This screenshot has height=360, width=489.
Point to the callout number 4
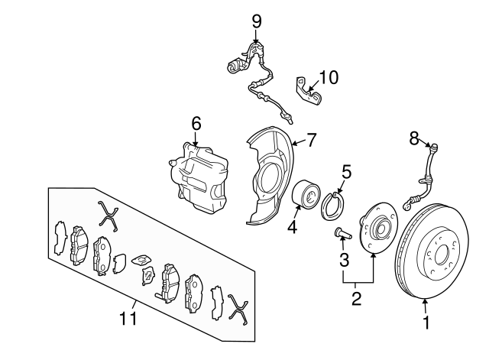point(293,226)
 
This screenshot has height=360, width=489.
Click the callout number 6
point(196,123)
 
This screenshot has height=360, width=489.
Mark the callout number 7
point(311,140)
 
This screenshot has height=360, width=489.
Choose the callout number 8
point(413,138)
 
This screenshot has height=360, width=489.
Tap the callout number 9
point(256,20)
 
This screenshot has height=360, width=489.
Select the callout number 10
point(328,77)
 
